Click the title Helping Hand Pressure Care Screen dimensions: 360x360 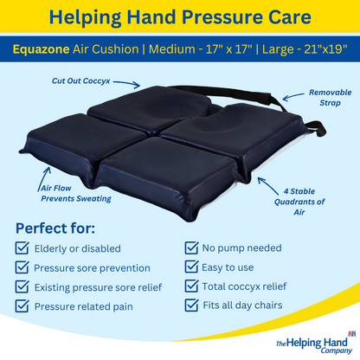[179, 16]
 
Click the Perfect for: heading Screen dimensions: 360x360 [55, 229]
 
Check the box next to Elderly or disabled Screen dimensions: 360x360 [22, 249]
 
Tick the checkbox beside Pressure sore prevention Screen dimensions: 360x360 [22, 268]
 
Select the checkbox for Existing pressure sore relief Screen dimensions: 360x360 [22, 286]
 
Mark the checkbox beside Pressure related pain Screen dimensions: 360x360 [22, 305]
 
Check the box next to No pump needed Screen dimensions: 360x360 [191, 249]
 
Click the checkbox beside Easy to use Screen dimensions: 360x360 [191, 267]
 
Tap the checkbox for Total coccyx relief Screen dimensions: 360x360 [191, 286]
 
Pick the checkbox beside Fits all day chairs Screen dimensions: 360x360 [191, 305]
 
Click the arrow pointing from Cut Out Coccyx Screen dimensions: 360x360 [127, 82]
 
